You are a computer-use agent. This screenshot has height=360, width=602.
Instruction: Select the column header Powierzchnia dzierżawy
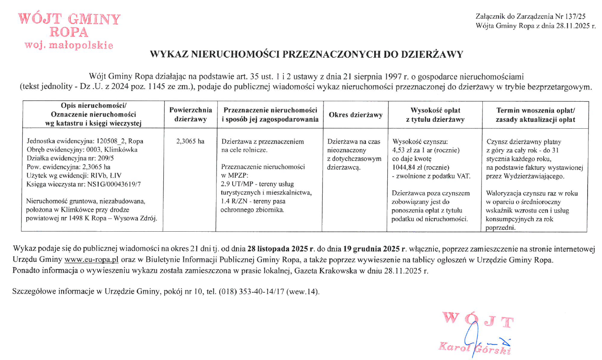[x=191, y=115]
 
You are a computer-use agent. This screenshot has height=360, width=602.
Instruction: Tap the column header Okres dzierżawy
[x=355, y=115]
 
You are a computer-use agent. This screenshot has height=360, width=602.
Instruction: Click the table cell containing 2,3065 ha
[x=190, y=141]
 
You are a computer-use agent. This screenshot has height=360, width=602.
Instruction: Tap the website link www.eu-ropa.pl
[x=92, y=261]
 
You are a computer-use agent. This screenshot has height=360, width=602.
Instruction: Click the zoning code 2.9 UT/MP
[x=239, y=184]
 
